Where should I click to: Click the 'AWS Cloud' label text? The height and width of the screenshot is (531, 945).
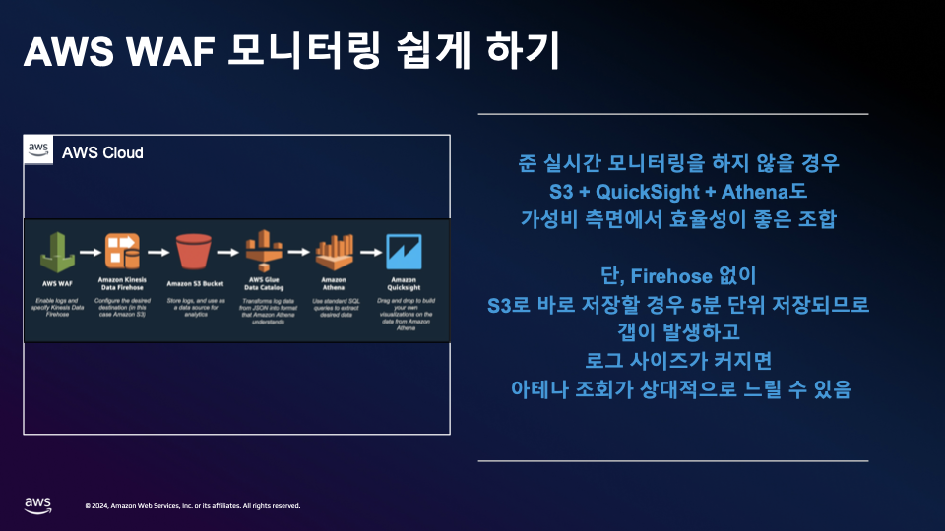[102, 152]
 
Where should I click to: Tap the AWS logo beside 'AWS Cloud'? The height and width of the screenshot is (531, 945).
[38, 150]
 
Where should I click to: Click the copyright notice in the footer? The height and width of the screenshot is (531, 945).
[192, 506]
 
